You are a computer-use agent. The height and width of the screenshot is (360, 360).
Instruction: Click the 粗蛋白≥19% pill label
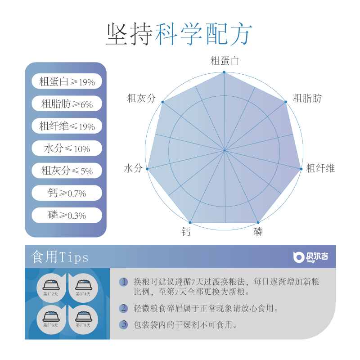67,82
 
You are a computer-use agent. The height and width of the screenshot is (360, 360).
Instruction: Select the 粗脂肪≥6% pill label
67,104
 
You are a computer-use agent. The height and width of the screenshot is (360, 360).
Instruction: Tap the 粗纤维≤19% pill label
67,126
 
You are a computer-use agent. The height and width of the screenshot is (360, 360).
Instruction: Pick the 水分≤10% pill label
67,148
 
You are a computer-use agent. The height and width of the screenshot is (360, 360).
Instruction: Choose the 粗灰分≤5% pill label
67,171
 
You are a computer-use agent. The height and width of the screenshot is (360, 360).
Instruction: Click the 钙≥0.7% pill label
67,193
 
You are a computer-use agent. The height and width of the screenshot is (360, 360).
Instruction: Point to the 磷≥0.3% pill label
67,216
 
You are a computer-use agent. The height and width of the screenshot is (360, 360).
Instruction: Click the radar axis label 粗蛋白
225,61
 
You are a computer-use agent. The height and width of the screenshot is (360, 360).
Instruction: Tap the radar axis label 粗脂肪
307,98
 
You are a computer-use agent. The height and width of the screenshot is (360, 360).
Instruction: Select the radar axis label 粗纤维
320,169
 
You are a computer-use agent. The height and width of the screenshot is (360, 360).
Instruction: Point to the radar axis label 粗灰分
141,98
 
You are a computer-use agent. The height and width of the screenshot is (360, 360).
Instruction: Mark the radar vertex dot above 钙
190,222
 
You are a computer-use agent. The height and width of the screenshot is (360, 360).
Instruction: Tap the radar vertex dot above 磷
258,222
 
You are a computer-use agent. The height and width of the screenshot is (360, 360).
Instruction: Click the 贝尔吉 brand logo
310,257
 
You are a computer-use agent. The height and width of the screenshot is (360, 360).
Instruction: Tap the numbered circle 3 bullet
123,324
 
